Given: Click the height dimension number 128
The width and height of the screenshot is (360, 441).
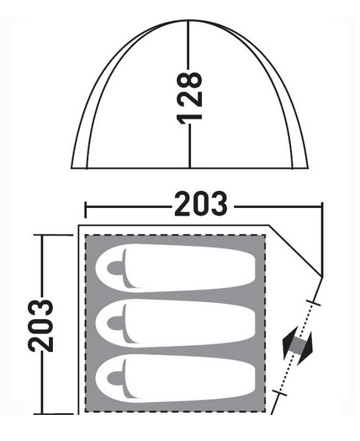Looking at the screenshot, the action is click(x=189, y=98).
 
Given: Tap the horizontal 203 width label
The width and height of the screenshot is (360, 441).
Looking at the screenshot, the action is click(x=201, y=204).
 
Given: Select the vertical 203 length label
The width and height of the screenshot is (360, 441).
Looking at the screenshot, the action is click(x=40, y=326).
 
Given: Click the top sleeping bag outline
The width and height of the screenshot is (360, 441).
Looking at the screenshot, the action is click(x=175, y=268).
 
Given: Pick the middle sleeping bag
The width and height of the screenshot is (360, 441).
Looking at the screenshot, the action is click(x=175, y=323).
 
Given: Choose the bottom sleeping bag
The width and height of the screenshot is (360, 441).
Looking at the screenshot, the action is click(x=175, y=378).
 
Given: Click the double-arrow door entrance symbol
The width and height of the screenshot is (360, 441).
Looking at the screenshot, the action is click(x=297, y=346).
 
